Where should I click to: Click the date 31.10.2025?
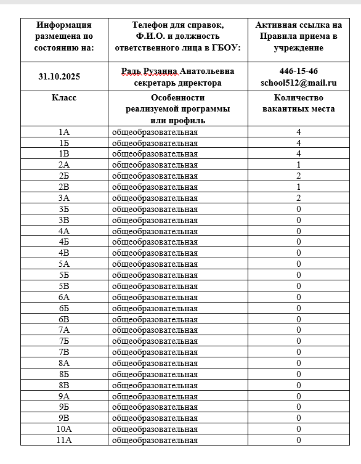click(64, 77)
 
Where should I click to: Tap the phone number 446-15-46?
click(298, 71)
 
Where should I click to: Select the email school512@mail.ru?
click(298, 83)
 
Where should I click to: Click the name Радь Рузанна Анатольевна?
click(178, 71)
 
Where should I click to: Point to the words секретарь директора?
click(178, 83)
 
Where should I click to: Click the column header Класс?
click(64, 98)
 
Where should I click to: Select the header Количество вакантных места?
click(298, 104)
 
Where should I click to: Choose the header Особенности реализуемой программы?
click(178, 104)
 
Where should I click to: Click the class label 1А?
click(64, 132)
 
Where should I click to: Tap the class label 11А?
click(64, 440)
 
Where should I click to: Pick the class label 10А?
click(64, 429)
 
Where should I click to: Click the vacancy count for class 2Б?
click(298, 176)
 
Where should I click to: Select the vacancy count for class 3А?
click(298, 198)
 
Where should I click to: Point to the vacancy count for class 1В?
click(298, 153)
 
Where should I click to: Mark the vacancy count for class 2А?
click(298, 165)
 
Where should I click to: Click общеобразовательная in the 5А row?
click(155, 264)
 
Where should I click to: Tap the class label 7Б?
click(64, 341)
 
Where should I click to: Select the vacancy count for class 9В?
click(298, 418)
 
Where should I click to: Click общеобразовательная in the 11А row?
click(155, 440)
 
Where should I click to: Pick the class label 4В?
click(64, 253)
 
